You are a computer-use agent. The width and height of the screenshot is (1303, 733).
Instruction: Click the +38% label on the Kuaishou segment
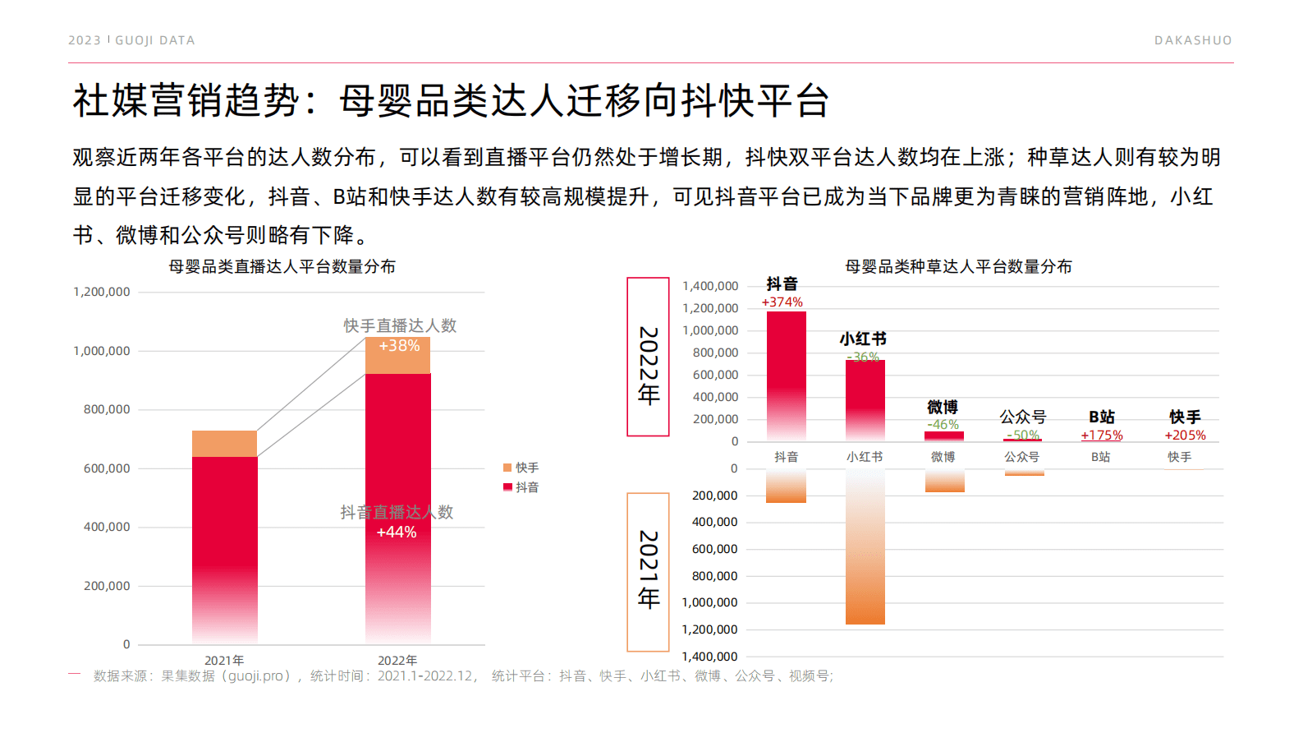[x=399, y=346]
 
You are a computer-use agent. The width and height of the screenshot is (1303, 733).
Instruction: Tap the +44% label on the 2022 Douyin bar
[x=397, y=532]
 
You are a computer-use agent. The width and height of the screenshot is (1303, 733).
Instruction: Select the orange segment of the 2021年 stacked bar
[x=224, y=444]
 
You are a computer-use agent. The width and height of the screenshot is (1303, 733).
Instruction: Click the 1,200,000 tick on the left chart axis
[x=102, y=292]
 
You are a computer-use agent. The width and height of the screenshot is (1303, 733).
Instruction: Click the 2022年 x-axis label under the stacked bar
[x=397, y=660]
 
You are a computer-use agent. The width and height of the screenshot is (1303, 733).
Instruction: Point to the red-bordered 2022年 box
[x=648, y=357]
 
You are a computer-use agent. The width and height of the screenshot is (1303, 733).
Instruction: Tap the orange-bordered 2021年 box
[x=648, y=571]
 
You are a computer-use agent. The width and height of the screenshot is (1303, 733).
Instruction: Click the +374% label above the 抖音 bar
[x=782, y=302]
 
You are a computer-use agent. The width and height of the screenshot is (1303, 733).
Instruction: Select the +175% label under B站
[x=1102, y=436]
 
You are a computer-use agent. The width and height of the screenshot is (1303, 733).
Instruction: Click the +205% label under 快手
[x=1185, y=436]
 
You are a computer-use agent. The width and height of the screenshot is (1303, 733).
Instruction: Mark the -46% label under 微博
[x=943, y=425]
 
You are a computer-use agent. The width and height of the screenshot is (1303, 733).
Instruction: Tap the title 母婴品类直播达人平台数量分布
[x=282, y=267]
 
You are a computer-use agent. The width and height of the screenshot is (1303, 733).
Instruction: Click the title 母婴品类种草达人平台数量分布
[x=958, y=267]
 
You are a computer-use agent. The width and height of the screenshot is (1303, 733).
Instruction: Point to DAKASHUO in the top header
[x=1192, y=40]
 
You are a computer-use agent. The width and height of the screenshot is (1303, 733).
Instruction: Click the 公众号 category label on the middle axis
[x=1021, y=457]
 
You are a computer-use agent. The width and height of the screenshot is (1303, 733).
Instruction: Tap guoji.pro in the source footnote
[x=255, y=676]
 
